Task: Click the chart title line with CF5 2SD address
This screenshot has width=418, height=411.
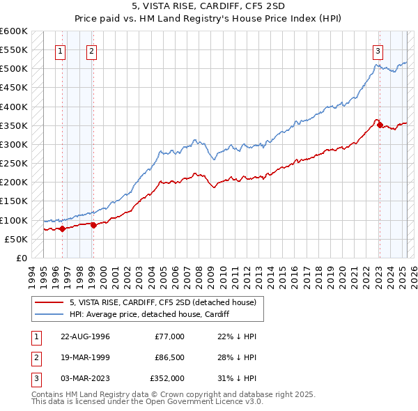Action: click(x=209, y=6)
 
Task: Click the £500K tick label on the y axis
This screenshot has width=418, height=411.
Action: click(x=15, y=68)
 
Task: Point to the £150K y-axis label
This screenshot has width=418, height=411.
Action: click(x=15, y=201)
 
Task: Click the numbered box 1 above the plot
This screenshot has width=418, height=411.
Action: click(x=61, y=50)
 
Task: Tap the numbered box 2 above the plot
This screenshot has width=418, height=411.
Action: click(x=92, y=50)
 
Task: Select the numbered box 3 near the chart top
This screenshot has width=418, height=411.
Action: click(x=378, y=50)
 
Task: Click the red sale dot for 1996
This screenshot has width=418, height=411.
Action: click(x=62, y=228)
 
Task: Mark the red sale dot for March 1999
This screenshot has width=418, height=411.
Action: click(x=93, y=225)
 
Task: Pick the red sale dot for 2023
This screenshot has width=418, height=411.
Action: click(x=380, y=125)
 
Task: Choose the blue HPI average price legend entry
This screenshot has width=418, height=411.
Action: click(x=149, y=314)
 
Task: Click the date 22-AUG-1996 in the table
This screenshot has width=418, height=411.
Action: click(x=85, y=336)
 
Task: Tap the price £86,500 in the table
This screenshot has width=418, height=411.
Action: click(x=170, y=357)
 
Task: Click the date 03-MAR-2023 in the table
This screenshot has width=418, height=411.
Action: click(x=86, y=378)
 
